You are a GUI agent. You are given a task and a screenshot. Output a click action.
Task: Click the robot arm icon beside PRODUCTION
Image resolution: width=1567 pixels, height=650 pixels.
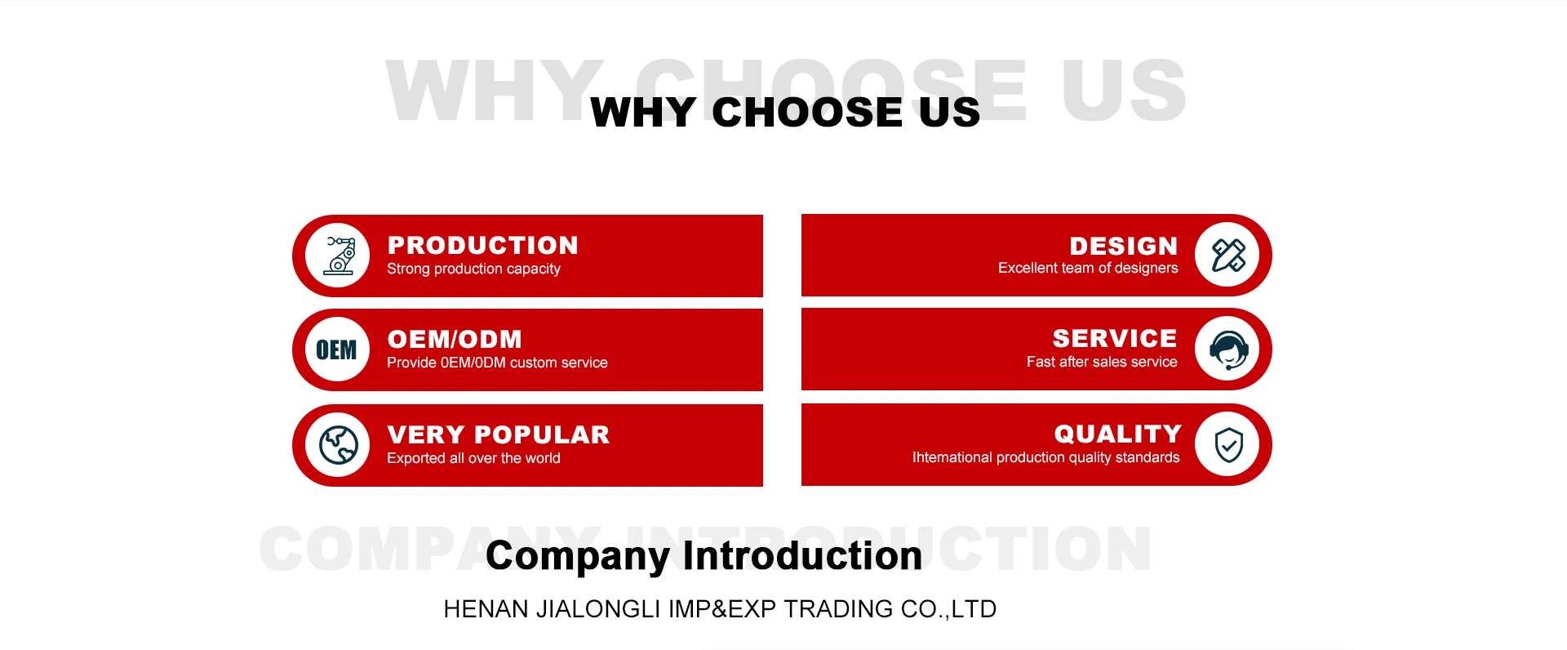338,256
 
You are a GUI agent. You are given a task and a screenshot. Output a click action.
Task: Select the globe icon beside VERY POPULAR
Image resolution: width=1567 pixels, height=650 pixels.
338,445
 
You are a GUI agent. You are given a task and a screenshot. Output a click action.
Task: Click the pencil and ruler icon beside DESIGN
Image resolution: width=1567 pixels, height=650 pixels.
1227,255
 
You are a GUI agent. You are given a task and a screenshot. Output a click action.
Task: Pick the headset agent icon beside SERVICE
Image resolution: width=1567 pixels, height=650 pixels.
1227,349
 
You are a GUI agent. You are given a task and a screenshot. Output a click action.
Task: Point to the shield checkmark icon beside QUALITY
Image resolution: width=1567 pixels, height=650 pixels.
1227,444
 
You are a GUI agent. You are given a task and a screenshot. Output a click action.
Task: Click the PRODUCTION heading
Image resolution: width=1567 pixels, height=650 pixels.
483,245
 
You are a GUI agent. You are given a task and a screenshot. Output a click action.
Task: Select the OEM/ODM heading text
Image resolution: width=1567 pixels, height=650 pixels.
455,339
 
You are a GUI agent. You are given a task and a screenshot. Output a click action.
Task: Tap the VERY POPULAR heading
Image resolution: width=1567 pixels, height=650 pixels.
499,434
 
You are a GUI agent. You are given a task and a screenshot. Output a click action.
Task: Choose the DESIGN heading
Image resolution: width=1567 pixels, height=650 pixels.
1124,246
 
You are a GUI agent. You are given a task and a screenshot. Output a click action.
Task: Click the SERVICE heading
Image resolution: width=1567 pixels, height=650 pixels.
1115,338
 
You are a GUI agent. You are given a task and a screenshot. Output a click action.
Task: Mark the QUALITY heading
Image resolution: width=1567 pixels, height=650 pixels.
1118,434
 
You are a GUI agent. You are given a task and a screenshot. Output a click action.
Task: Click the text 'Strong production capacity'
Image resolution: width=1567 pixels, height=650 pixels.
473,269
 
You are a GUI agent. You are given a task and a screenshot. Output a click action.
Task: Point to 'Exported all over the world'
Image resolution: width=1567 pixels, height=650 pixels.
473,458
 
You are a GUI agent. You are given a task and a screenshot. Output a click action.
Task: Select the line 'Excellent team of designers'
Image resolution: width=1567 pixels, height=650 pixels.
1088,268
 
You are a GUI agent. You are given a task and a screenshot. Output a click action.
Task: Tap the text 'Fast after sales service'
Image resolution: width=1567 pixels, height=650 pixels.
1102,362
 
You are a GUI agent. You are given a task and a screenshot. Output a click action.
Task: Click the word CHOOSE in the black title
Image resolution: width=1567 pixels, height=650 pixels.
807,112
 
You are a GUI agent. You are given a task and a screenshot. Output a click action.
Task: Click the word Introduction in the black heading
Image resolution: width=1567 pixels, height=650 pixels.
802,555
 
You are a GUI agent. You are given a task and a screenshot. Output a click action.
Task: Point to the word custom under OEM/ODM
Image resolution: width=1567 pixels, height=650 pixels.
533,363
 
